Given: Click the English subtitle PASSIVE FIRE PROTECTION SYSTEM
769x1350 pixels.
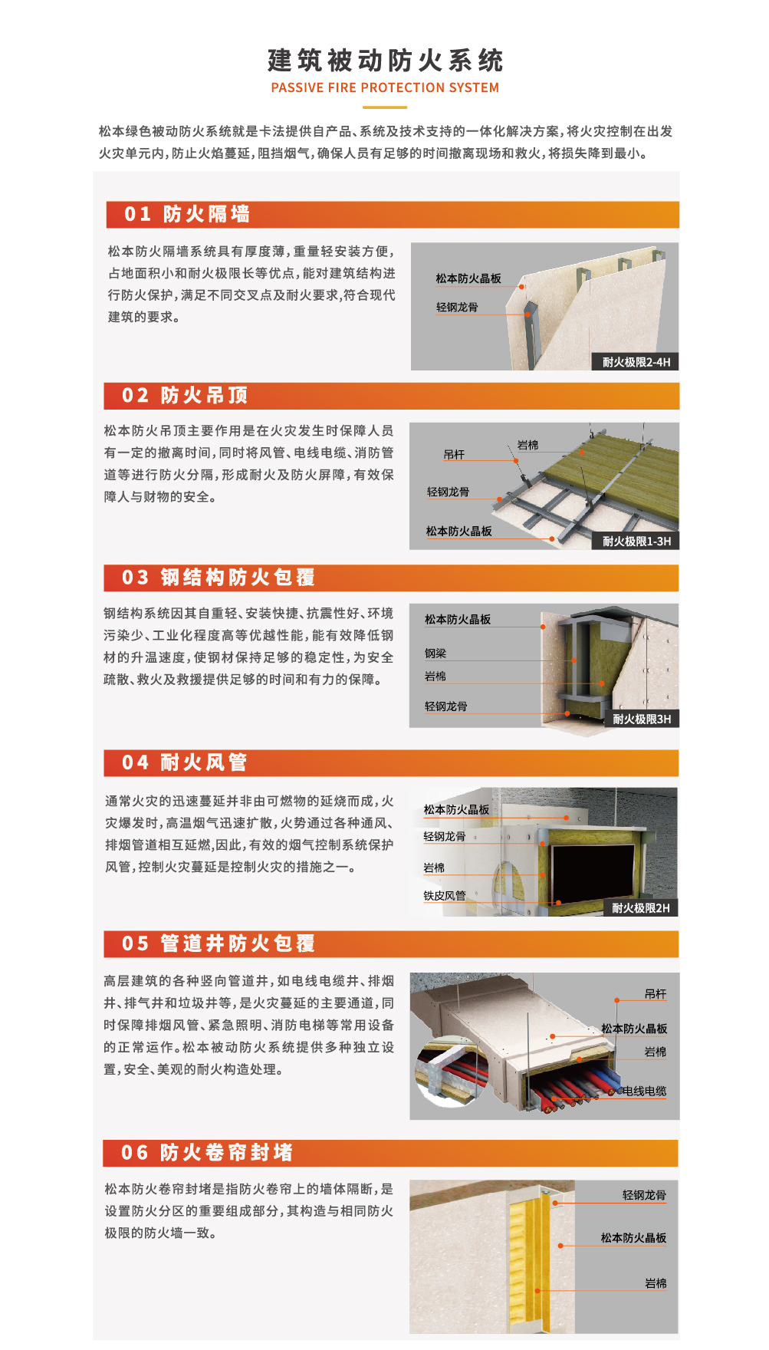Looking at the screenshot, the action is tap(385, 87).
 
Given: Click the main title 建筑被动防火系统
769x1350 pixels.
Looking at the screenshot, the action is tap(385, 60).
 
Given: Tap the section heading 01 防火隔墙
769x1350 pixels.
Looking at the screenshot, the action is tap(187, 214).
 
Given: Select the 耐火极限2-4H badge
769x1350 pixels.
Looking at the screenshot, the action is tap(636, 362).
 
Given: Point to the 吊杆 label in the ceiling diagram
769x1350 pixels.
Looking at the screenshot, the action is tap(454, 454).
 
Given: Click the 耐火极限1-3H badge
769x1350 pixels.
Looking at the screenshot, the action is tap(636, 541).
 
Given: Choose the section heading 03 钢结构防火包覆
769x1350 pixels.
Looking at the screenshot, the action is tap(219, 577).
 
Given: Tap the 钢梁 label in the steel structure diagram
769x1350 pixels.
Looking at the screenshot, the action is tap(435, 654).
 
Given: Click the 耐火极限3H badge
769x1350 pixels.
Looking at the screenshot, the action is tap(642, 719).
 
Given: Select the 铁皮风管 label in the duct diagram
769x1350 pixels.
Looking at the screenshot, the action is tap(445, 895).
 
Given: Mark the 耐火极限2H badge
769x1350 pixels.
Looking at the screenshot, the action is tap(640, 908).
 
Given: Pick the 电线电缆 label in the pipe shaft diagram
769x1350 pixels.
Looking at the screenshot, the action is tap(644, 1091).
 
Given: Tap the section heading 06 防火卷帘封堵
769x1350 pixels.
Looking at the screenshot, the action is tap(207, 1152).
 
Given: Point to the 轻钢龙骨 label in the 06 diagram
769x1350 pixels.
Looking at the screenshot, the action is tap(644, 1195).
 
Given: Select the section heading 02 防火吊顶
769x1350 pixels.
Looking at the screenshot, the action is tap(185, 395).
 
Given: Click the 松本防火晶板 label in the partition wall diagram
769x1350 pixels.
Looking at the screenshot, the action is tap(468, 278).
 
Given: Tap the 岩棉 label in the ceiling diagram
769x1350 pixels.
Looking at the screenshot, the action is tap(527, 445).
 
